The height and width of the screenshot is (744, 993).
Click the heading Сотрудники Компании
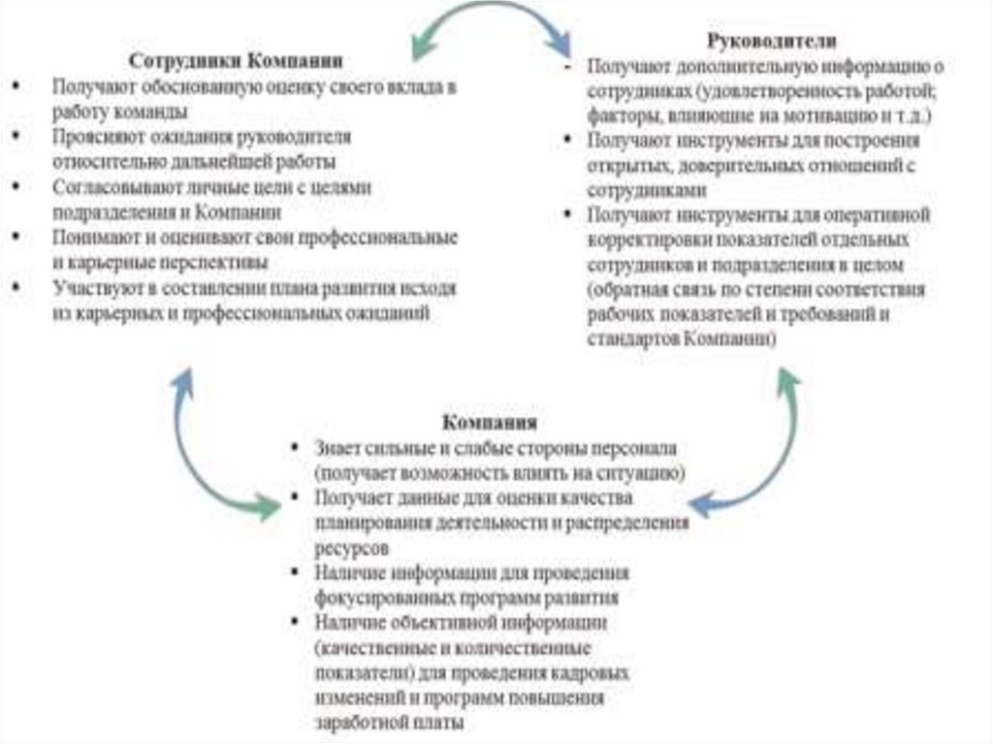[x=236, y=60]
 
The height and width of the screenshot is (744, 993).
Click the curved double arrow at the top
[x=491, y=25]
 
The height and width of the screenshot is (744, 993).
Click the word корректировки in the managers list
[x=641, y=239]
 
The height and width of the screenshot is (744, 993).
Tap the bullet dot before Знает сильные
[x=292, y=448]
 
